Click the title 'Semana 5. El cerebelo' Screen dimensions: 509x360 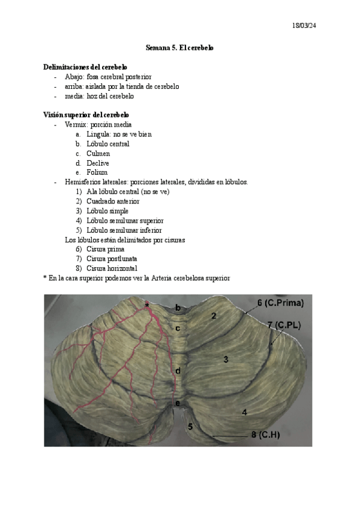[x=180, y=47]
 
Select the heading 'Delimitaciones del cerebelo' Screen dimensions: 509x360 [x=85, y=67]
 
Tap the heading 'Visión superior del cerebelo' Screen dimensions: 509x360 [x=86, y=115]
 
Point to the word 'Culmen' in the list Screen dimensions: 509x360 [x=98, y=154]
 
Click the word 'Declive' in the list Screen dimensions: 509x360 [x=98, y=163]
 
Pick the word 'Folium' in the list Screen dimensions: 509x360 [x=97, y=173]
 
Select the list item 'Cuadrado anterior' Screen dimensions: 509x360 [x=113, y=202]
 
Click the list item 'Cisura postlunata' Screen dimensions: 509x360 [x=112, y=259]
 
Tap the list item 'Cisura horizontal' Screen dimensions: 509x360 [x=112, y=268]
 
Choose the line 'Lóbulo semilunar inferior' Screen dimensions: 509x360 [x=124, y=230]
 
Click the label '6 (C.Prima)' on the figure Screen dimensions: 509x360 [x=281, y=303]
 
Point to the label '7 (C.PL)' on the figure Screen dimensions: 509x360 [x=284, y=325]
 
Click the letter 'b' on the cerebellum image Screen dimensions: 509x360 [x=178, y=308]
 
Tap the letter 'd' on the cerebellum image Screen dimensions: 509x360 [x=178, y=371]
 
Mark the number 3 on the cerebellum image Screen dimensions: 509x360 [x=226, y=360]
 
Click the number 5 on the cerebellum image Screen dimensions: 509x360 [x=190, y=427]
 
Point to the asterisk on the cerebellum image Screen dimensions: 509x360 [x=146, y=307]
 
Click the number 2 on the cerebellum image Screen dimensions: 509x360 [x=213, y=316]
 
